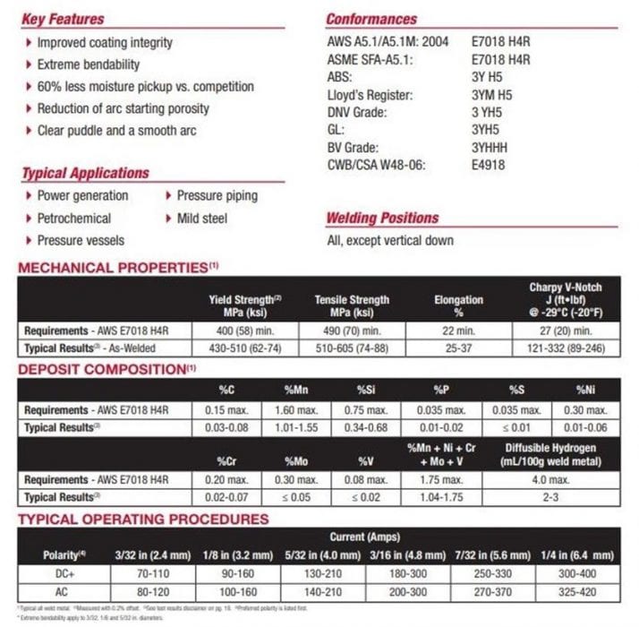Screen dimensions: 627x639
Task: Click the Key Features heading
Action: (63, 19)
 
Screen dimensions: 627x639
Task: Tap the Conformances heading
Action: (371, 19)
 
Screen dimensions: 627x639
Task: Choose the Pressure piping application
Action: (217, 195)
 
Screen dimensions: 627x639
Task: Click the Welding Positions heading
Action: (382, 218)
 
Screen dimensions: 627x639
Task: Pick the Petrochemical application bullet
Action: (74, 218)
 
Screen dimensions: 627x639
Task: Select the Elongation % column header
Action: (458, 305)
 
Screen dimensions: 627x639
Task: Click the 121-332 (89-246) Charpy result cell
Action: (565, 346)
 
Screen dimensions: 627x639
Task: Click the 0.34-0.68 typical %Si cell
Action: (367, 427)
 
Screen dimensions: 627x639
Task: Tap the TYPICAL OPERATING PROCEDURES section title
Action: (143, 519)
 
